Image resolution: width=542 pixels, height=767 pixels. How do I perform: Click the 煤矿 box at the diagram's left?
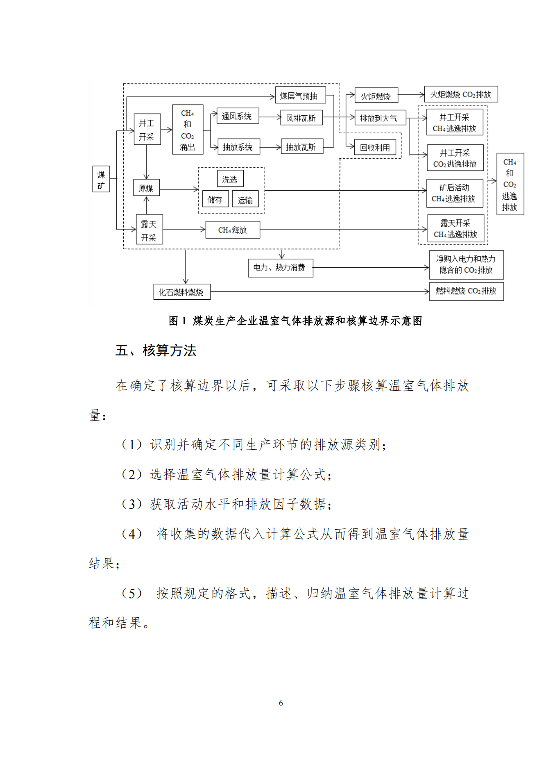(x=101, y=179)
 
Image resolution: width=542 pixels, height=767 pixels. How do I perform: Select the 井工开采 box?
(x=147, y=130)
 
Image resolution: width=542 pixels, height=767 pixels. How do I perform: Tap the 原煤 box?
(x=146, y=188)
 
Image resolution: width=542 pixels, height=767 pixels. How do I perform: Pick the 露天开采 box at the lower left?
(x=149, y=230)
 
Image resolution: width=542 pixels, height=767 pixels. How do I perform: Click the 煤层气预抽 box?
(x=300, y=96)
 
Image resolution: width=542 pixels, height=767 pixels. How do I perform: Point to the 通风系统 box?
(x=237, y=116)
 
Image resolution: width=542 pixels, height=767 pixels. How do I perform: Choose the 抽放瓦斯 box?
(x=302, y=147)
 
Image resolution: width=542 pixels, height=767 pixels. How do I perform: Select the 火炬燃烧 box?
(x=376, y=96)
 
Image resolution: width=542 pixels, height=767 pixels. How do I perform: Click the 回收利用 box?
(x=375, y=148)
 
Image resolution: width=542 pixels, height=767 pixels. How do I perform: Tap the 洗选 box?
(x=230, y=179)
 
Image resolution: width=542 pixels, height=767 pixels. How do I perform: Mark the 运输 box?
(x=245, y=200)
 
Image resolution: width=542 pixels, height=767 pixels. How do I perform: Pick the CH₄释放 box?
(x=232, y=230)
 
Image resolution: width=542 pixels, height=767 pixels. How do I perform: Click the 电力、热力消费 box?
(x=280, y=268)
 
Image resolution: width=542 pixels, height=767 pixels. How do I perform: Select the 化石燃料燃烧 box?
(x=181, y=292)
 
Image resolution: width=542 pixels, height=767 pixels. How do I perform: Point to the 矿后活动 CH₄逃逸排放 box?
(x=455, y=193)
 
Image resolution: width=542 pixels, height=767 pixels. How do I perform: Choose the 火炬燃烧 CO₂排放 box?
(x=461, y=94)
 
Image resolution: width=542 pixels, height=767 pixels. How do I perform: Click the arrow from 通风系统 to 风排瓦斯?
(x=270, y=117)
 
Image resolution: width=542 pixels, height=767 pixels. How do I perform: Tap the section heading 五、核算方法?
(x=156, y=350)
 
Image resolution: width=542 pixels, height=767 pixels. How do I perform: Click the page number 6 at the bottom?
(x=281, y=703)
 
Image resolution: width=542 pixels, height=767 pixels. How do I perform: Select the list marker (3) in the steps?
(x=132, y=504)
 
